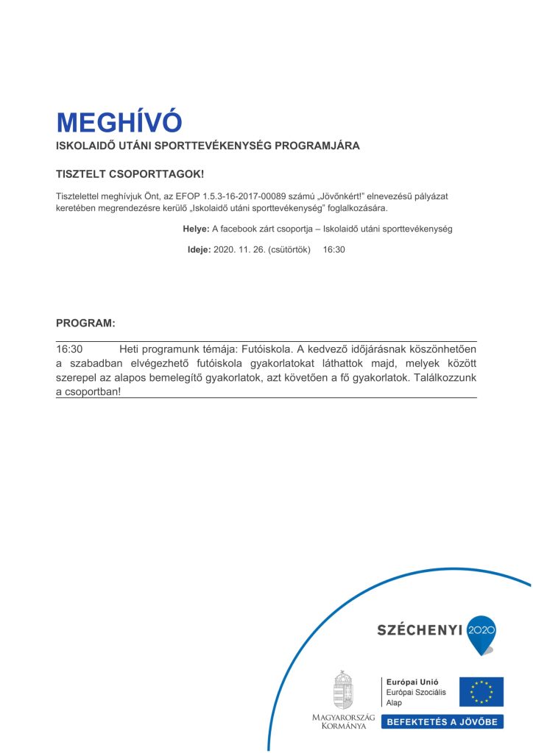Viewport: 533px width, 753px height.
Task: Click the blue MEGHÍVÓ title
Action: pos(119,121)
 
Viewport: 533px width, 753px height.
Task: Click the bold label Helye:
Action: pos(196,229)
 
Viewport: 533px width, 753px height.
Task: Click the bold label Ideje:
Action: pos(199,249)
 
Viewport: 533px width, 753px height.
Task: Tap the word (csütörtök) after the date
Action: pos(291,249)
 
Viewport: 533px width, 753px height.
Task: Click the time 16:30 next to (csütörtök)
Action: pos(334,249)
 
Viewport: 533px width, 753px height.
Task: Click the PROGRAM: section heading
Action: pos(85,323)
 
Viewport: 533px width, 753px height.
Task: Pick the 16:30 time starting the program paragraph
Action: pos(69,350)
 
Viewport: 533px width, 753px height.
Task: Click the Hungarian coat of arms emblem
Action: pos(342,689)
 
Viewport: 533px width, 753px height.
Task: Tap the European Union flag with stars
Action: pos(481,692)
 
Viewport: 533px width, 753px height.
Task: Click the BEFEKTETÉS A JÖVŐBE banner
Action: pos(442,721)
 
